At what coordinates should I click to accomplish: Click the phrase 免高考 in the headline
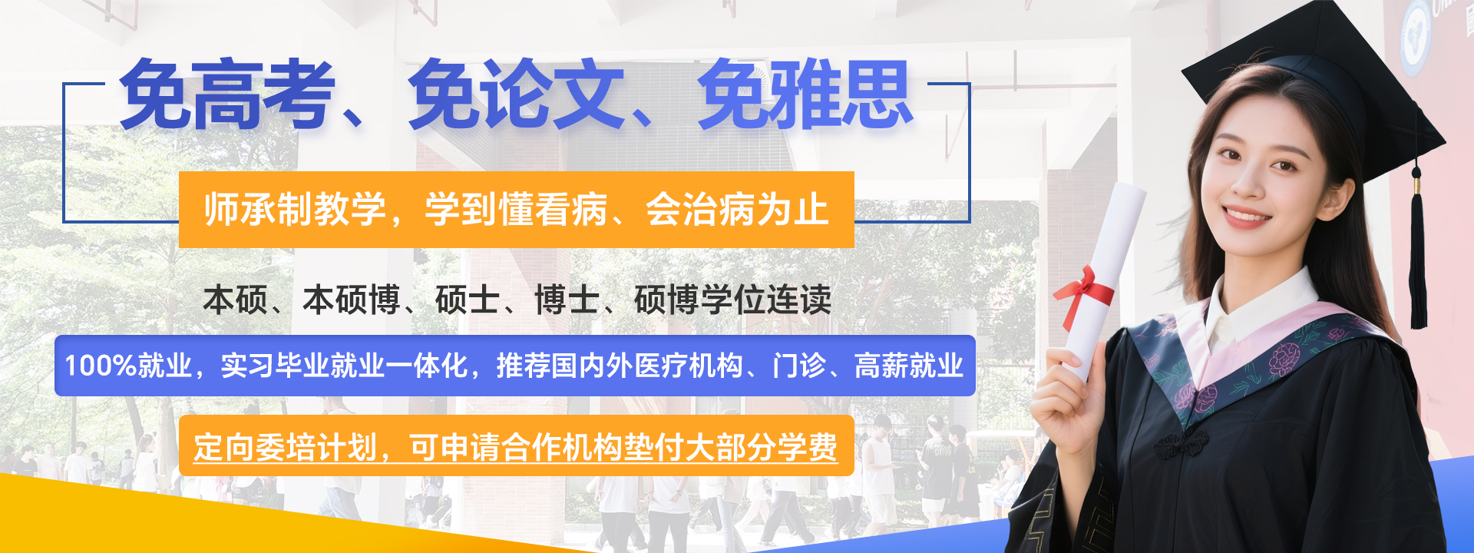(x=228, y=94)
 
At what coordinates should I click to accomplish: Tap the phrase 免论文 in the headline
(x=517, y=94)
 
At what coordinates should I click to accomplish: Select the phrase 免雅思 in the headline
(x=805, y=94)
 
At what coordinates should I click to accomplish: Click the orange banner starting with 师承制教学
(x=517, y=210)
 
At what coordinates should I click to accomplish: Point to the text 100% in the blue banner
(x=101, y=366)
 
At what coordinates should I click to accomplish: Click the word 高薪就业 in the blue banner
(x=909, y=366)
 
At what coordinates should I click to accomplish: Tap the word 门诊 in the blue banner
(x=799, y=366)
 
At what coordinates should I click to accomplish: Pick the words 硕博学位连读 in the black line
(x=733, y=300)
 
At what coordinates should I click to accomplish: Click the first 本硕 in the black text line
(x=236, y=300)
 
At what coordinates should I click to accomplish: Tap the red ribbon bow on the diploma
(x=1084, y=292)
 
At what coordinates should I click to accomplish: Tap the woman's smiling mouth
(x=1245, y=215)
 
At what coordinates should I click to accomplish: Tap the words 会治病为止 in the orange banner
(x=737, y=210)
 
